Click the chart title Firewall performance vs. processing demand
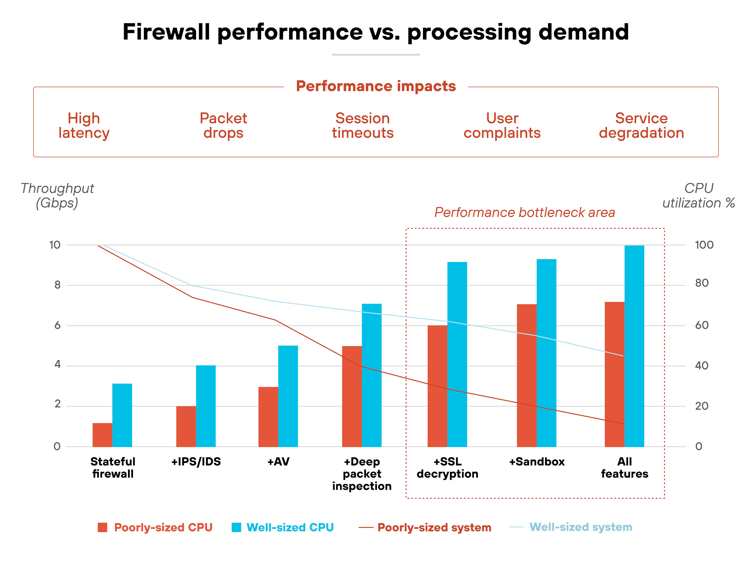[376, 32]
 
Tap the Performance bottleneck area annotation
[525, 212]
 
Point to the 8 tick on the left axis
[57, 285]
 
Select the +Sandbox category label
[537, 462]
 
